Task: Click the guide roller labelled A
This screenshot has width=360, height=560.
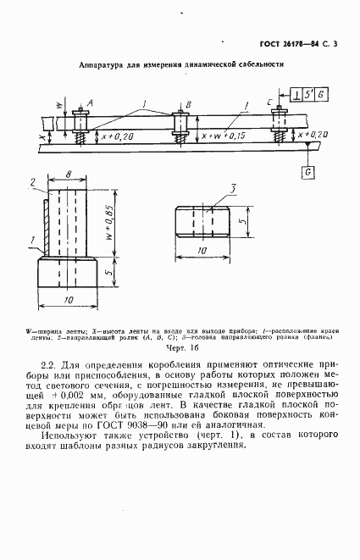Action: pos(82,125)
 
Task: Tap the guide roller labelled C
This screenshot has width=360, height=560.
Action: pos(277,125)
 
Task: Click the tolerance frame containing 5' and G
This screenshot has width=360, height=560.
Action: pos(309,94)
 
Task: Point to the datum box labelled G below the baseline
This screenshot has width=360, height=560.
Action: pos(307,172)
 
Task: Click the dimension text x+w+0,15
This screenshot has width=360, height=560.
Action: pos(224,135)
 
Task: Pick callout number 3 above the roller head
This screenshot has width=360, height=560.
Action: pos(230,187)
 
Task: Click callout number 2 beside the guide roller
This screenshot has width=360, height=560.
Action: pos(30,182)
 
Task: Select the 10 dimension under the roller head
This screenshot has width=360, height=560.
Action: pos(202,252)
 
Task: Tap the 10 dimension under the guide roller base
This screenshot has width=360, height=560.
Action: pos(67,301)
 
